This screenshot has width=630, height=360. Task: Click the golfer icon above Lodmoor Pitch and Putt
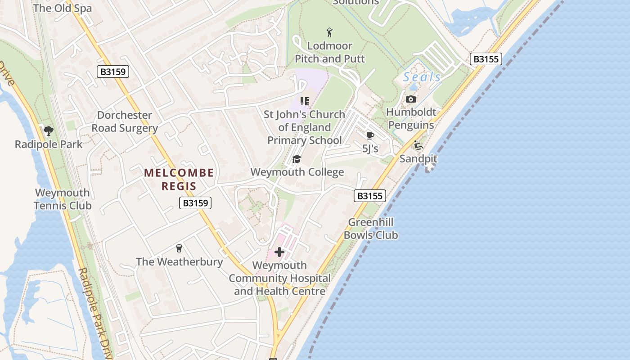coord(329,32)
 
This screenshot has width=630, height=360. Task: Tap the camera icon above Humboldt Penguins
coord(410,99)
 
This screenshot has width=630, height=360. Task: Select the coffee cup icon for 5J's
coord(370,135)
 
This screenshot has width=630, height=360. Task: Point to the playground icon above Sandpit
coord(418,145)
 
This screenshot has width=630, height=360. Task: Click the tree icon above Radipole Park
coord(49,131)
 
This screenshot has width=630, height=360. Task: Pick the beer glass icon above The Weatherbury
coord(179,248)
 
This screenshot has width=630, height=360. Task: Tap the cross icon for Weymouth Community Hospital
coord(279,252)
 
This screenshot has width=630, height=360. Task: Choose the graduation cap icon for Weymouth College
coord(297,159)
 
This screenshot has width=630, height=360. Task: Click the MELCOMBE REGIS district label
coord(179,179)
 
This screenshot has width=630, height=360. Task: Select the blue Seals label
coord(422,77)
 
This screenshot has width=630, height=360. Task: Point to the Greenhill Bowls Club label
coord(371,229)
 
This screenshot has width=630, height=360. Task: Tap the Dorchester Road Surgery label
coord(125,122)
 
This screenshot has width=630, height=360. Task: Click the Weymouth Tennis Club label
coord(63,199)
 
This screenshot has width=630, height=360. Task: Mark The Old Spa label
coord(62,8)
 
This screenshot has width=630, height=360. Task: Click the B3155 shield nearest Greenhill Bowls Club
coord(370,196)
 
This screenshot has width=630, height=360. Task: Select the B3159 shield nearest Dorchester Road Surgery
coord(113,71)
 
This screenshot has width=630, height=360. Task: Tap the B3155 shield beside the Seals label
coord(486,59)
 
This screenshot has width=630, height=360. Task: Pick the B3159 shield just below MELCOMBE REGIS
coord(195,203)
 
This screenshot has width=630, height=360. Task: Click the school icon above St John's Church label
coord(305,101)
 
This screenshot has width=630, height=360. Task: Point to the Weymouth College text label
coord(297,172)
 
